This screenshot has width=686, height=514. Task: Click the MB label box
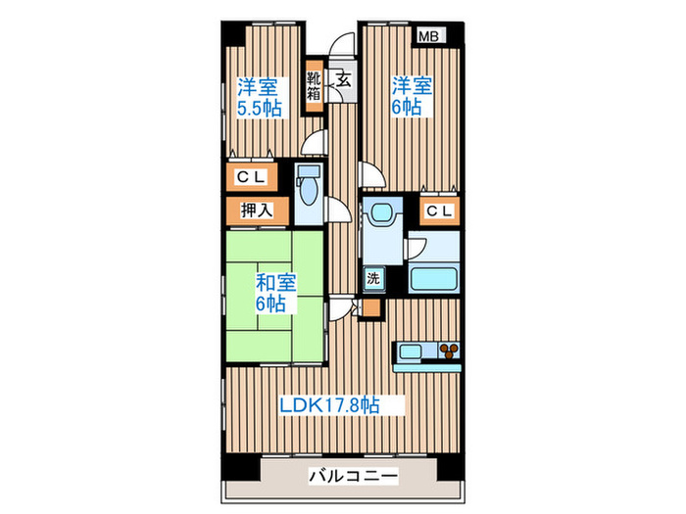coord(428,36)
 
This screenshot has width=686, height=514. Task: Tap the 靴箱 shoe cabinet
coord(313,86)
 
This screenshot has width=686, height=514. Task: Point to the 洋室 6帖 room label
coord(409,96)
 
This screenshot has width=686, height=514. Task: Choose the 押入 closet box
coord(259,210)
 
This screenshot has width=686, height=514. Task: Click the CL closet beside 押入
coord(259,178)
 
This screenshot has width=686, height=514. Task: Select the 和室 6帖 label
coord(272,293)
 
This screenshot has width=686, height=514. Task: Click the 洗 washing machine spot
coord(373,278)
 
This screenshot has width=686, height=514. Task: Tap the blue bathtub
coord(433,276)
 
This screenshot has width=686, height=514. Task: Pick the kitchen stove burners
coord(450,350)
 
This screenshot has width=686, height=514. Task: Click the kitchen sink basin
coord(410,350)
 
